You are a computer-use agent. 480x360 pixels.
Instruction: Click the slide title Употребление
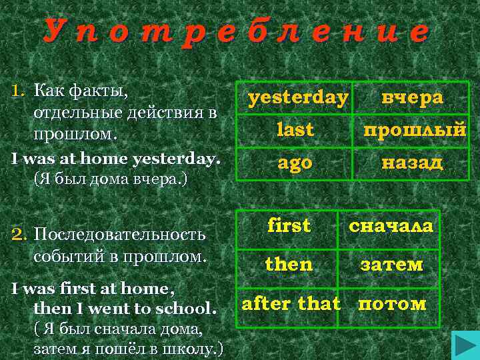pos(237,32)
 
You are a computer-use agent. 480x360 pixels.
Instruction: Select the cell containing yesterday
pos(297,98)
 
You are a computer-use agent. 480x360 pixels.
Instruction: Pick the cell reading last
pos(295,131)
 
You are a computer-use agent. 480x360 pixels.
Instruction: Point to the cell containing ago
pos(295,163)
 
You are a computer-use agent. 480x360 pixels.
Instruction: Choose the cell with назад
pos(412,163)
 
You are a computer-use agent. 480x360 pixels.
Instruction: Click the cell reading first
pos(289,226)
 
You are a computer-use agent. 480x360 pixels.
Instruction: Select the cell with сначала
pos(391,226)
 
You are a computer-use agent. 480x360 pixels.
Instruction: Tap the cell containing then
pos(289,264)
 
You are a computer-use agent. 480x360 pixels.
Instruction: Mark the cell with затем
pos(391,264)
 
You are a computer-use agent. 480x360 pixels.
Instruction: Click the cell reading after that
pos(291,305)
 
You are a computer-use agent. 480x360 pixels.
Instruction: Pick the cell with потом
pos(391,305)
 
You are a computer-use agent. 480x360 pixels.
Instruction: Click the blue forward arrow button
pos(463,346)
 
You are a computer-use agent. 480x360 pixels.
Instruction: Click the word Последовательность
pos(119,235)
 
